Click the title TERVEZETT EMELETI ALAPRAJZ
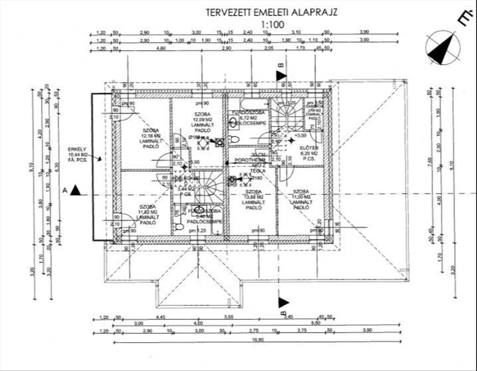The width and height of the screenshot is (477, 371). point(271,12)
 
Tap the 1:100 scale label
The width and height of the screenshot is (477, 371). point(272,24)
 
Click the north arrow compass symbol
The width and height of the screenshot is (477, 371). point(442,48)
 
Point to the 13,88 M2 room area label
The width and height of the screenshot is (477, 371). point(253,197)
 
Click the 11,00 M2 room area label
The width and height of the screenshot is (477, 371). point(301,197)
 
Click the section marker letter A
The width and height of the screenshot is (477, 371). point(64,191)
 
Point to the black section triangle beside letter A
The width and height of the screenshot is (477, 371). point(75,191)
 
